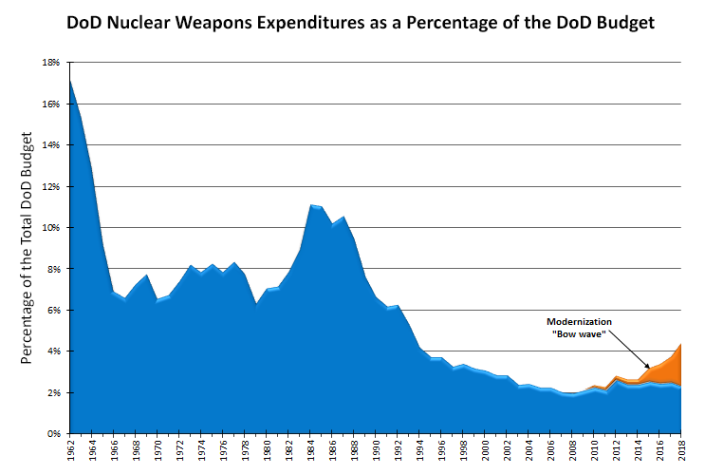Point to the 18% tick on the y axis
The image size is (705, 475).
52,62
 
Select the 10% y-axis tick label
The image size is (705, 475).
52,227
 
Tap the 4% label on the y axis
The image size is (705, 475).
54,351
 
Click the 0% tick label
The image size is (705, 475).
54,434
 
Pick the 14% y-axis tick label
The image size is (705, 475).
52,144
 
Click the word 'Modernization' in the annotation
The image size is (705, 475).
581,321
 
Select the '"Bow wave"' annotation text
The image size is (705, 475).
581,333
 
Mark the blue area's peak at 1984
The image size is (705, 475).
311,206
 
